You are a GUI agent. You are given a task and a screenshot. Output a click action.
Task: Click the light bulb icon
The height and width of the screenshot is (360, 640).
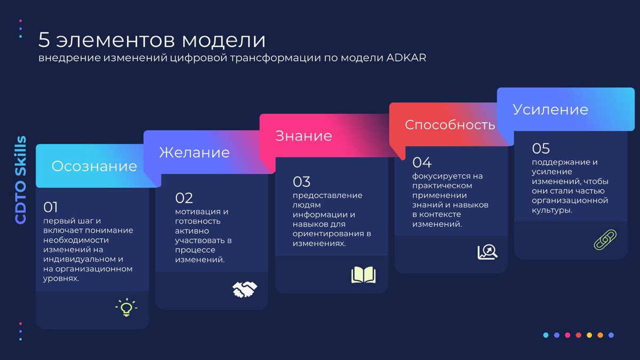(126, 308)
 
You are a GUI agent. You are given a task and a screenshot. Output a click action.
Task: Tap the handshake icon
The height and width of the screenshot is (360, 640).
(245, 290)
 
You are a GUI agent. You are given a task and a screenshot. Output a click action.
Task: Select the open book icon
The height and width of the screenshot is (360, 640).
(364, 275)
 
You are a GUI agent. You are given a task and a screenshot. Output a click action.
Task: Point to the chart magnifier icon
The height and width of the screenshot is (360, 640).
(487, 252)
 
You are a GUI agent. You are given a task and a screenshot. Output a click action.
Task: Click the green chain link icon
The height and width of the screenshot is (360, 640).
(605, 239)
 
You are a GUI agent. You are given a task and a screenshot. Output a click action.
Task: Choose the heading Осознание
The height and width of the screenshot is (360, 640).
(94, 166)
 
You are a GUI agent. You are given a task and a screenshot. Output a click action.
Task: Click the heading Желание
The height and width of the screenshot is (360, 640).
(194, 153)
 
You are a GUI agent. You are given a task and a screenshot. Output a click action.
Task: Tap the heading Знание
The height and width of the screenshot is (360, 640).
(303, 136)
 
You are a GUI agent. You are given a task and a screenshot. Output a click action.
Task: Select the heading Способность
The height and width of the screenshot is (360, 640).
(450, 125)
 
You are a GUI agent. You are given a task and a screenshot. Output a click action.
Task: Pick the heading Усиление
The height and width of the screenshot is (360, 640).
(550, 109)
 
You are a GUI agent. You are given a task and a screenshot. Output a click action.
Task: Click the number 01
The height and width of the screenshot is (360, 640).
(50, 207)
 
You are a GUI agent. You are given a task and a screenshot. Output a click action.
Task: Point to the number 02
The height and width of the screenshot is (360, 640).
(184, 198)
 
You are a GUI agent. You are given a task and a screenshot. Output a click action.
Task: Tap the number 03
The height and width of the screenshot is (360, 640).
(301, 182)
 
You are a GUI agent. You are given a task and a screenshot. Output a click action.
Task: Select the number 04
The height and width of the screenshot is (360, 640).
(422, 162)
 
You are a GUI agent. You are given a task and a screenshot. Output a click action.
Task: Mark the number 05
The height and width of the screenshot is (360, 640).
(541, 148)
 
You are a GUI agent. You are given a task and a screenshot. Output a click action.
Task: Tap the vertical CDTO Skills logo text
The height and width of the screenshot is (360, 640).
(21, 180)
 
